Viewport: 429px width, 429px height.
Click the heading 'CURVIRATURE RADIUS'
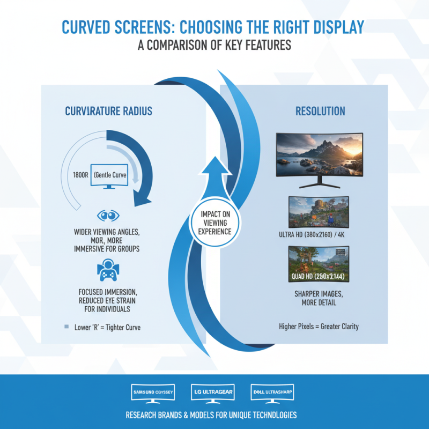click(x=108, y=112)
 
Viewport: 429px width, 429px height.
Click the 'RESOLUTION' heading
click(x=320, y=112)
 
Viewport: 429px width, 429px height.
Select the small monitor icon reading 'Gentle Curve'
click(x=109, y=176)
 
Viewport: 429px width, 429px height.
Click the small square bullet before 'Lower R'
click(x=66, y=326)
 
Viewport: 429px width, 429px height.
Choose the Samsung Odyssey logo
click(x=153, y=393)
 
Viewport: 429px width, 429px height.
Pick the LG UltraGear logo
click(x=213, y=393)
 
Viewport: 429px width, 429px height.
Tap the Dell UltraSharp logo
click(x=273, y=393)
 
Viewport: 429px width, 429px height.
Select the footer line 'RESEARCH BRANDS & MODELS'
click(x=211, y=416)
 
